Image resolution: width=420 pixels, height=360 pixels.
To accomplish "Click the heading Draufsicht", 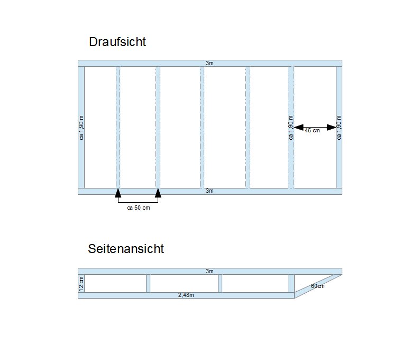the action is coord(117,42).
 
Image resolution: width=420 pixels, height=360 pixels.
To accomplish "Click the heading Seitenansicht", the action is coord(126,249).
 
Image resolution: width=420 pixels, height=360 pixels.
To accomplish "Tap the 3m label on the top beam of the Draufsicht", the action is coord(209,63).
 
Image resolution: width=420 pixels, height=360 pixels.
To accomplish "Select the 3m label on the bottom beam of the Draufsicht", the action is coord(209,191).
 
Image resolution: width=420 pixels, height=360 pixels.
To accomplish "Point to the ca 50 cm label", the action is coord(139,208).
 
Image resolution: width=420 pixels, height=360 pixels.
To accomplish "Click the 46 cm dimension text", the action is coord(312,131).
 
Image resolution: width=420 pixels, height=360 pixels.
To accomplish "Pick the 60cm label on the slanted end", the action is coord(318,286).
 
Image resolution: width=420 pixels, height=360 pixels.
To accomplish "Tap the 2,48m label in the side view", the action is coord(186,295).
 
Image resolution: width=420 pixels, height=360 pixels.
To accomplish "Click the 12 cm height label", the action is coord(81,284).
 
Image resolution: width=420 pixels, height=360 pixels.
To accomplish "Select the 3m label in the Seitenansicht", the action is coord(209,271).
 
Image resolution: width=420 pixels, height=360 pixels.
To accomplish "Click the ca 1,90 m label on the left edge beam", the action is coord(81,128).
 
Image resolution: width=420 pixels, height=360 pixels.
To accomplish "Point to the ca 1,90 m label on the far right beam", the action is coord(339,128).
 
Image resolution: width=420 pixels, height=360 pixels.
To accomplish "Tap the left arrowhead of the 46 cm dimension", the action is coord(299,128).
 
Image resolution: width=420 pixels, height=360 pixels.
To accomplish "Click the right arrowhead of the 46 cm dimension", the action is coord(332,128).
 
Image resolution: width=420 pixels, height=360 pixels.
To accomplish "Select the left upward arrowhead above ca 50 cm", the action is coord(118,193).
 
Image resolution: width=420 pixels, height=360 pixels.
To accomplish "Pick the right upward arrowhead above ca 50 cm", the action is coord(158,193).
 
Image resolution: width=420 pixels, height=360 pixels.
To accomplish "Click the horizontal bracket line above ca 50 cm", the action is coord(138,202).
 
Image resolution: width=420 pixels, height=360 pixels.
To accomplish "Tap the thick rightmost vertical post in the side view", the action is coord(291,283).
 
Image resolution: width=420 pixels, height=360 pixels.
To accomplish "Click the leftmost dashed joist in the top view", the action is coord(118,128).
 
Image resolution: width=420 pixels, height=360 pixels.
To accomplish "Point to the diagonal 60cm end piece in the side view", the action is coord(318,286).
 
